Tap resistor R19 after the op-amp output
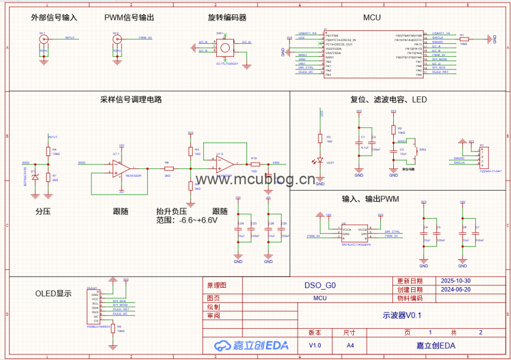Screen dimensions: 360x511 [x=255, y=164]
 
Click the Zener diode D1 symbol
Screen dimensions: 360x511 [x=34, y=178]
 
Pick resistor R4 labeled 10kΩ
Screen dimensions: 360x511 [x=48, y=151]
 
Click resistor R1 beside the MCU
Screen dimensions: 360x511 [x=464, y=38]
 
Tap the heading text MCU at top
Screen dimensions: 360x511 [x=372, y=17]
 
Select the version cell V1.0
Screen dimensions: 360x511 [x=315, y=345]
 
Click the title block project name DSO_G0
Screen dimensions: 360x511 [x=320, y=286]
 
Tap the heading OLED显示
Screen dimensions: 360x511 [x=53, y=294]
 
